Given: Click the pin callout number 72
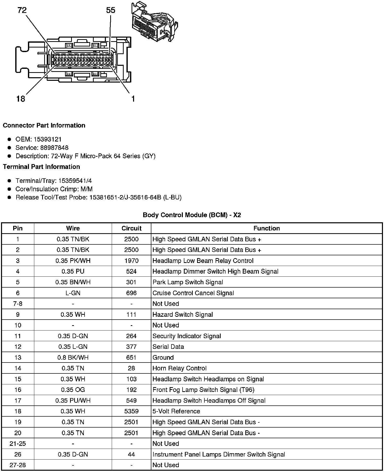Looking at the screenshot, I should point(22,10).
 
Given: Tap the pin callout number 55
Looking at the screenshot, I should point(110,10).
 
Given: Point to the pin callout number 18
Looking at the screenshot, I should point(21,99).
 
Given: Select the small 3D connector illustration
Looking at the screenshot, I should point(154,22).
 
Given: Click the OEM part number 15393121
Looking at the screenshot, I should point(47,139).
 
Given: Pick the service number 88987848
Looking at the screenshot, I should point(54,148).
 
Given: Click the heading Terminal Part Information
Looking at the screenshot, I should point(41,167).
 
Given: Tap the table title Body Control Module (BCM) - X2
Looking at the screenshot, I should point(192,215).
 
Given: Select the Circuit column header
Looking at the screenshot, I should point(131,228).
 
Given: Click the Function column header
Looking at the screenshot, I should point(266,228).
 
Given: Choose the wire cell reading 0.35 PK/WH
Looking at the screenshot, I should point(73,261).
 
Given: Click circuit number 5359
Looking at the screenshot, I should point(131,411).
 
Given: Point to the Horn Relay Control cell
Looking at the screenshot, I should point(179,368).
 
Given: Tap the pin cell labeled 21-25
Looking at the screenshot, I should point(18,443).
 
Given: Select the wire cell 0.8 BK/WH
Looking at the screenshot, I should point(73,357).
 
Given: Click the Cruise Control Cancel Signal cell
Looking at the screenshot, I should point(193,293).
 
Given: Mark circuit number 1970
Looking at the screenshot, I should point(131,261).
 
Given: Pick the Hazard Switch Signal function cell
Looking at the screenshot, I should point(183,314).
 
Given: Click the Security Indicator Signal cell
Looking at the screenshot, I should point(187,336).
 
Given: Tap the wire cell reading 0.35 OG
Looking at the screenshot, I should point(73,390).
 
